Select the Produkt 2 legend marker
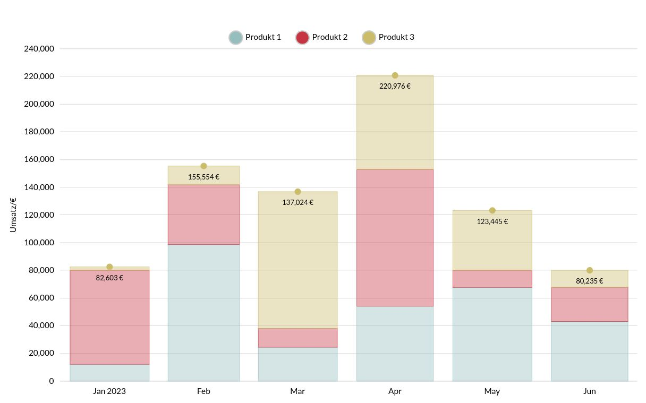tap(302, 37)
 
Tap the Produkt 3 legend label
tap(396, 37)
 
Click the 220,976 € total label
tap(395, 86)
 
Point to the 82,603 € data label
tap(109, 278)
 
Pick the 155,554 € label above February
tap(203, 177)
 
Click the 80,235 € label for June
tap(589, 281)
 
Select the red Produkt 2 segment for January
tap(109, 317)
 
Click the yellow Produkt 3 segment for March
tap(297, 260)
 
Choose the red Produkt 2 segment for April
tap(395, 237)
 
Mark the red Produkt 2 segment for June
tap(589, 304)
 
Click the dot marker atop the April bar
tap(395, 75)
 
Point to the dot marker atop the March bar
tap(297, 192)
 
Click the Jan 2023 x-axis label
tap(109, 391)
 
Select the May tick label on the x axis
tap(492, 391)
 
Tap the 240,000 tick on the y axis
tap(39, 49)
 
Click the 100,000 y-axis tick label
tap(39, 243)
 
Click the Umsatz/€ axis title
tap(13, 215)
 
